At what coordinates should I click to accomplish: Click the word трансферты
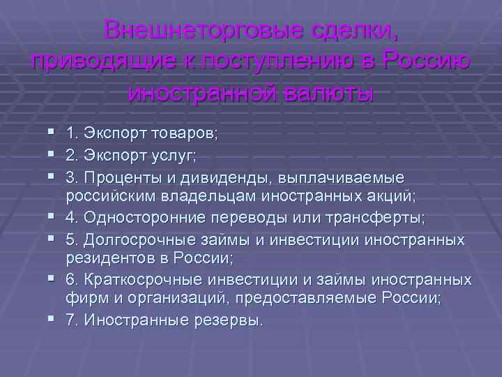point(380,217)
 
